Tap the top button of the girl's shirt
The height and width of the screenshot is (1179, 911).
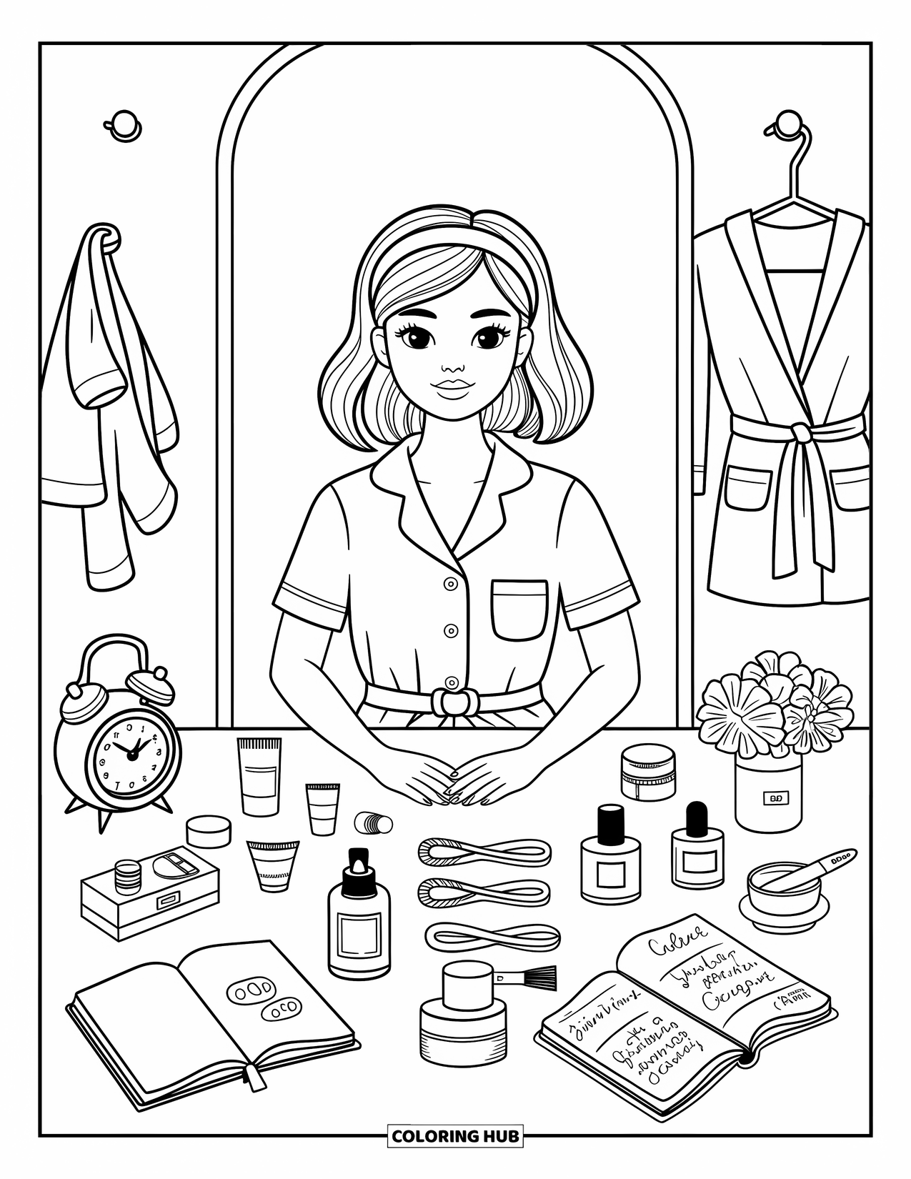click(x=451, y=584)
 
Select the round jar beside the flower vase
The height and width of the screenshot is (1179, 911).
click(x=647, y=772)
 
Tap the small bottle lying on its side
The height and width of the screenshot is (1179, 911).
click(x=374, y=822)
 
